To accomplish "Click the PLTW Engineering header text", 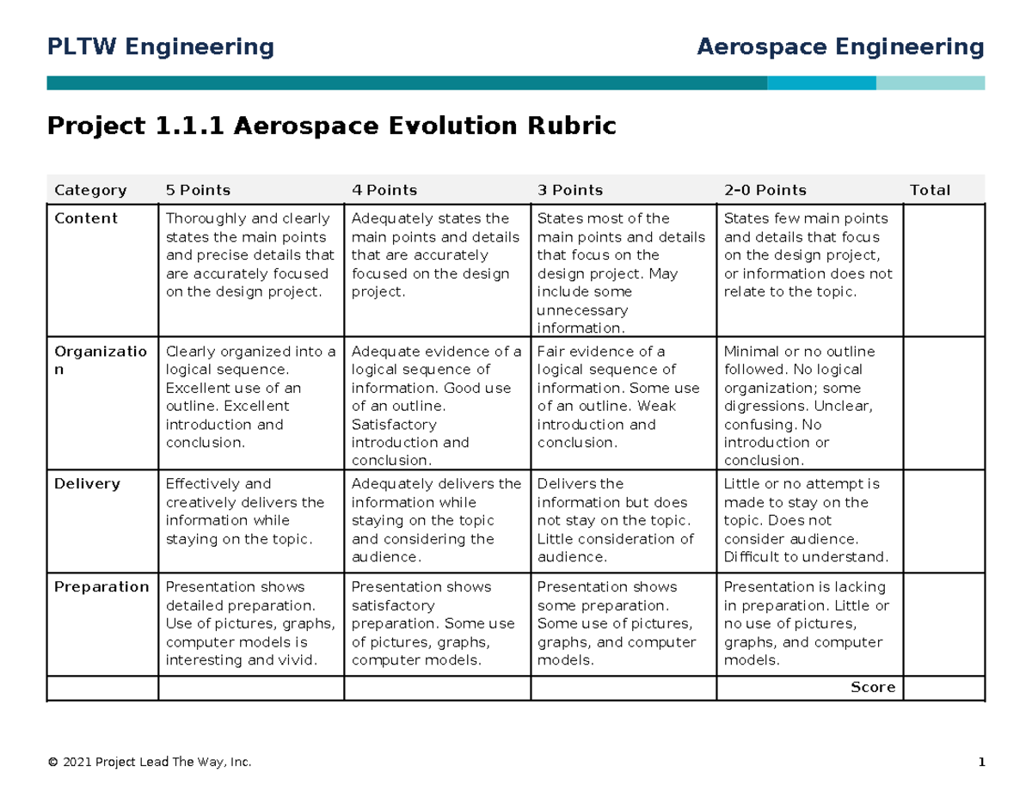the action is click(161, 46).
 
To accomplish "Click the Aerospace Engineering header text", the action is click(840, 46).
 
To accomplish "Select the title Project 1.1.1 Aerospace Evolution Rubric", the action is click(332, 126).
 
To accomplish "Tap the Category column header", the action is click(90, 190).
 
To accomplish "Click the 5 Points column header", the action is click(198, 190).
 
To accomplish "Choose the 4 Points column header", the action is click(384, 190).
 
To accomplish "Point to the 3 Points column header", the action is click(570, 190).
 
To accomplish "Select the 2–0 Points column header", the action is click(765, 190).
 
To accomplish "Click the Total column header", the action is click(930, 190).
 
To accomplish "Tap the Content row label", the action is click(86, 218).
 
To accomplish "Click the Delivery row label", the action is click(87, 484).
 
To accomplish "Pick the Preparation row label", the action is click(101, 587).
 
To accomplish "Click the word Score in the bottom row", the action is click(873, 687).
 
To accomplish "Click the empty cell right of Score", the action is click(943, 688).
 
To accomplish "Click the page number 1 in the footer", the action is click(980, 763).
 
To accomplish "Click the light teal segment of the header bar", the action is click(931, 83).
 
